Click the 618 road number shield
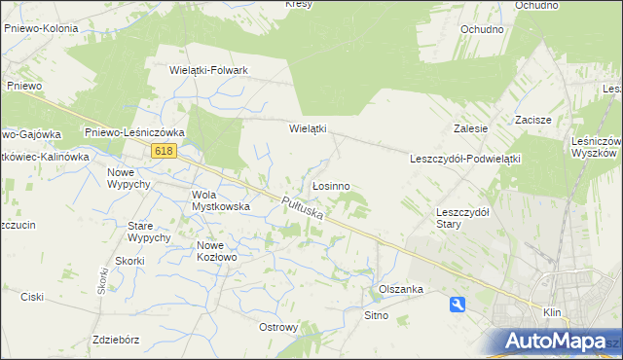(164, 150)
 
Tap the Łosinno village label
(331, 185)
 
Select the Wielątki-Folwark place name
(209, 70)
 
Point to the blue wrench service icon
(458, 306)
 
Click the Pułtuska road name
(301, 210)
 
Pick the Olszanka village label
(400, 290)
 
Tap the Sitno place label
(376, 315)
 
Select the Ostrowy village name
(278, 327)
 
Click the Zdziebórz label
(115, 340)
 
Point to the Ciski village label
(33, 296)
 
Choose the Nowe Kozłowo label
(216, 251)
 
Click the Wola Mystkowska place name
(221, 200)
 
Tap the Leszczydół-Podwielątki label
(466, 158)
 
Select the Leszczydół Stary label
(462, 217)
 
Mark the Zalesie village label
(470, 127)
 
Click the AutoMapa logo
(563, 341)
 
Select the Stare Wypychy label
(150, 232)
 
